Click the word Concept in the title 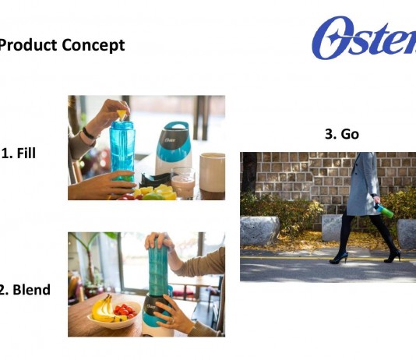(x=93, y=45)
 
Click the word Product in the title (x=28, y=45)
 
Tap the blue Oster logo (x=364, y=37)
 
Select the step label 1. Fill (x=19, y=153)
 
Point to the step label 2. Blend (x=25, y=289)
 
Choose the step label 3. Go (x=342, y=134)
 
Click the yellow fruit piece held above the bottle (x=122, y=115)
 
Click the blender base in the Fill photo (x=173, y=149)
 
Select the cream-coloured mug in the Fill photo (x=212, y=172)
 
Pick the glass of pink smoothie (x=183, y=182)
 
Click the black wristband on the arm (x=88, y=133)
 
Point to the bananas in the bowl (x=104, y=309)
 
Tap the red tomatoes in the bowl (x=125, y=310)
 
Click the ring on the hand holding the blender (x=172, y=320)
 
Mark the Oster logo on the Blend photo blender (x=150, y=307)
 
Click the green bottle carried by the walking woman (x=384, y=210)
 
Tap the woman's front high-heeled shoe (x=339, y=258)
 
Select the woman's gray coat (x=363, y=184)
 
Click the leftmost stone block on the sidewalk (x=259, y=231)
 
